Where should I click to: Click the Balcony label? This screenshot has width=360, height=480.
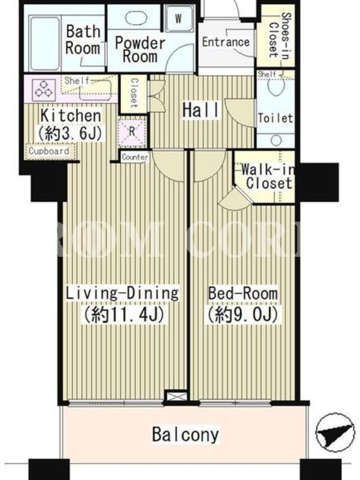click(x=185, y=434)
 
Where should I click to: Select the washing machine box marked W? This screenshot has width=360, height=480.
click(x=178, y=19)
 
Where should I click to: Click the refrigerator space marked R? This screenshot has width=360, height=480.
click(x=132, y=131)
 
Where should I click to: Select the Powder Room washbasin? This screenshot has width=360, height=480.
click(x=136, y=17)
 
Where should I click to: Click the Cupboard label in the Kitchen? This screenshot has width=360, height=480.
click(x=49, y=151)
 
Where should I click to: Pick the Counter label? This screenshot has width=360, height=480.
click(x=135, y=157)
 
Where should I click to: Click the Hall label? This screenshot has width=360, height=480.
click(x=201, y=110)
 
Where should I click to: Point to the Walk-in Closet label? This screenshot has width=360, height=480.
click(x=267, y=176)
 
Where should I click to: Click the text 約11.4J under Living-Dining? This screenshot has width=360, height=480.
click(x=124, y=314)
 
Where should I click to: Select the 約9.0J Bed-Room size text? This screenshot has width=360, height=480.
click(x=244, y=314)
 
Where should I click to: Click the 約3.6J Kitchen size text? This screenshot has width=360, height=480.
click(x=70, y=133)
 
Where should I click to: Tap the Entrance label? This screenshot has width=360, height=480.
click(x=226, y=42)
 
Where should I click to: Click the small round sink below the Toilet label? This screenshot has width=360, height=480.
click(x=276, y=140)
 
